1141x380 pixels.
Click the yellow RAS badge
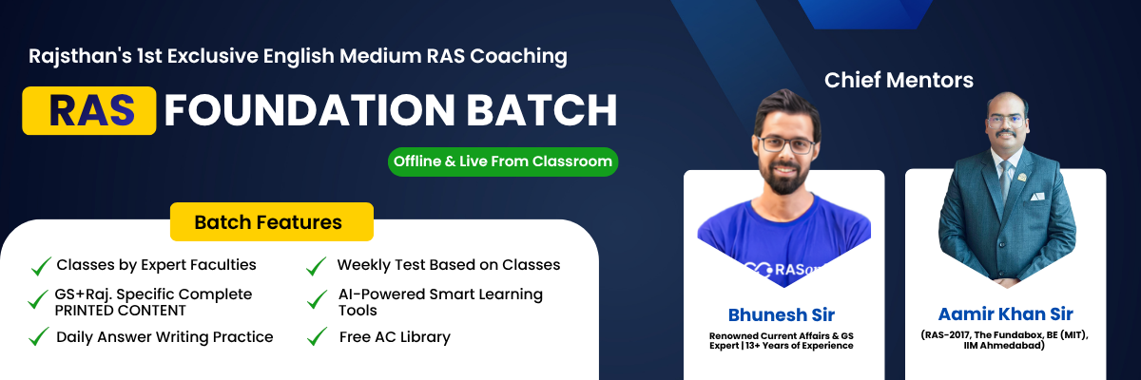pyautogui.click(x=89, y=110)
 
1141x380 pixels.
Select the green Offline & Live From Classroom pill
pyautogui.click(x=502, y=161)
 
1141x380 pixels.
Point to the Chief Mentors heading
pyautogui.click(x=899, y=80)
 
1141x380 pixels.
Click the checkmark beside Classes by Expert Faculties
pyautogui.click(x=41, y=266)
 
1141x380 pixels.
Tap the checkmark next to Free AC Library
pyautogui.click(x=317, y=338)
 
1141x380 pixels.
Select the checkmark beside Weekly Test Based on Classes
pyautogui.click(x=317, y=266)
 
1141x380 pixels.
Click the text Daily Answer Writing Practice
pyautogui.click(x=164, y=337)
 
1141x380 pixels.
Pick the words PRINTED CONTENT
pyautogui.click(x=120, y=311)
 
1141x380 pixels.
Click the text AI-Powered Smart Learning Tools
pyautogui.click(x=440, y=302)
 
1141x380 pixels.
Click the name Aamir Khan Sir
pyautogui.click(x=1005, y=314)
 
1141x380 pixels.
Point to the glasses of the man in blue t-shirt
pyautogui.click(x=786, y=145)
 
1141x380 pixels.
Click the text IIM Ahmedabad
pyautogui.click(x=1005, y=346)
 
